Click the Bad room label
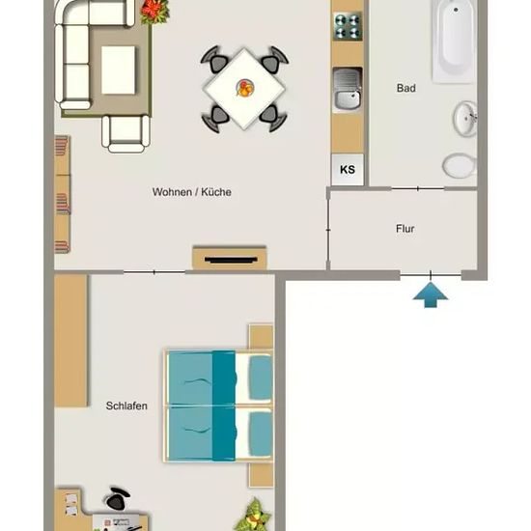[x=406, y=88]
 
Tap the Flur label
[x=405, y=229]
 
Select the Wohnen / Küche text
[x=192, y=192]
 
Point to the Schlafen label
[x=126, y=405]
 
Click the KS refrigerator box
[x=348, y=169]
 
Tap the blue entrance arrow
[x=431, y=295]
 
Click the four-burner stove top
[x=348, y=26]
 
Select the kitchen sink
[x=348, y=89]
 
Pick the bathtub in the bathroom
[x=453, y=41]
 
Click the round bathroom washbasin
[x=465, y=119]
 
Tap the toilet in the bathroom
[x=460, y=166]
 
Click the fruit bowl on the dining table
[x=244, y=88]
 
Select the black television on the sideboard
[x=231, y=260]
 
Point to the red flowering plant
[x=154, y=12]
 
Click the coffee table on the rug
[x=118, y=70]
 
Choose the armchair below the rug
[x=126, y=133]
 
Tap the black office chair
[x=117, y=498]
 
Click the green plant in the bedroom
[x=253, y=516]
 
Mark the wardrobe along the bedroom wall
[x=70, y=341]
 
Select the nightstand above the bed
[x=261, y=337]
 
